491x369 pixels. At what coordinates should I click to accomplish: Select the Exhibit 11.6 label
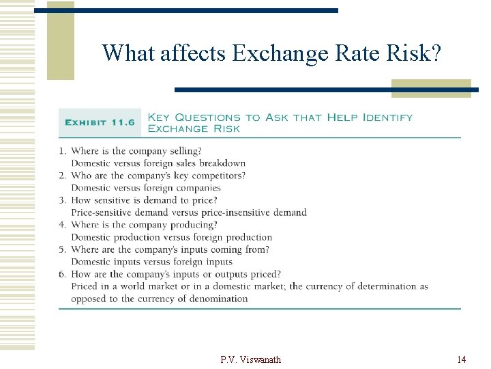(x=100, y=122)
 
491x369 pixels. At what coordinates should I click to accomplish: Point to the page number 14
(x=462, y=359)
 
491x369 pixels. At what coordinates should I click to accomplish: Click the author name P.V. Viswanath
(x=251, y=359)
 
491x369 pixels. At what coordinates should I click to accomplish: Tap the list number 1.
(x=62, y=151)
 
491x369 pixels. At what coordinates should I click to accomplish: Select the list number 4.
(x=62, y=225)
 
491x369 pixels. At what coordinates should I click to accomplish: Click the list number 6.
(x=62, y=274)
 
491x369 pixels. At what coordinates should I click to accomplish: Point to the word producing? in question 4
(x=194, y=225)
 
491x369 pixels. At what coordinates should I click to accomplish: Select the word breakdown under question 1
(x=222, y=163)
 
